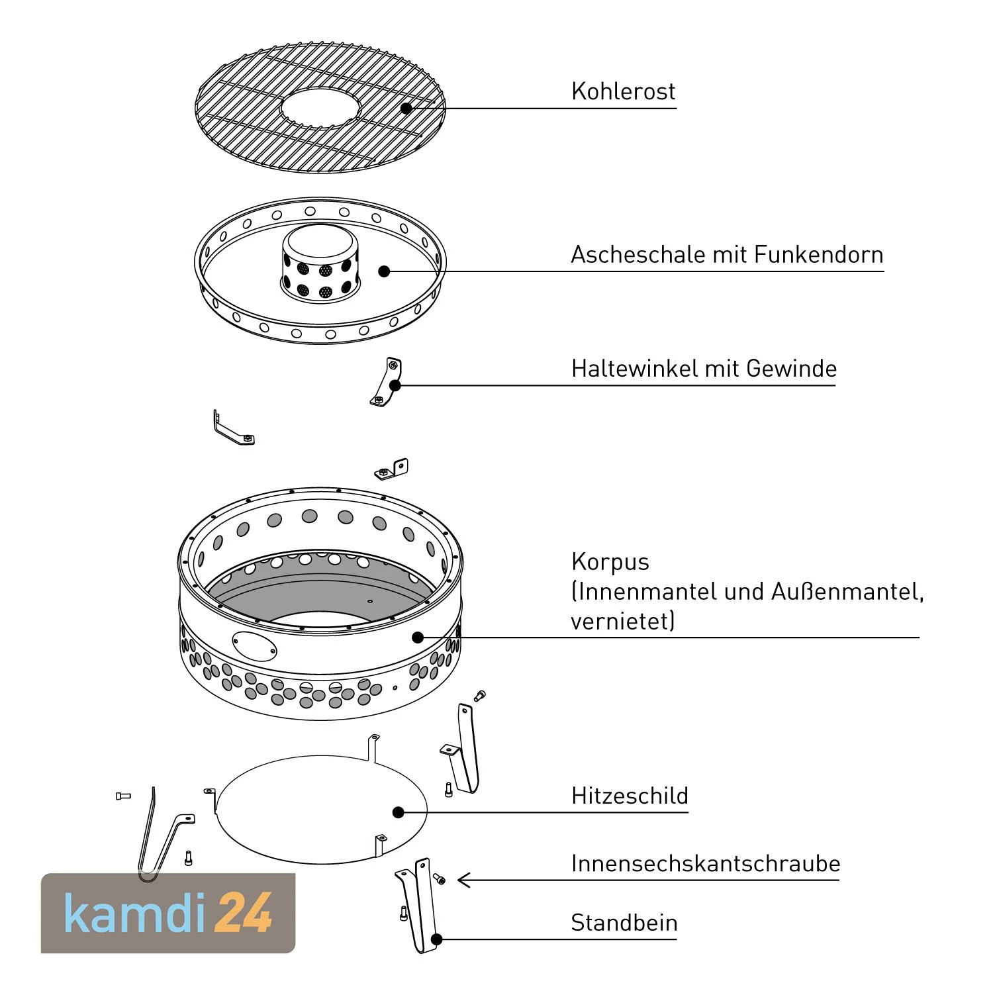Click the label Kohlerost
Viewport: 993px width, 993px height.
(x=623, y=91)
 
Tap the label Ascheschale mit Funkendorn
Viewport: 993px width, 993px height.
(x=727, y=255)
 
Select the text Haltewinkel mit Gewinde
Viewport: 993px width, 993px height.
(x=704, y=369)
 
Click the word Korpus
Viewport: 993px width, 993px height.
(x=610, y=562)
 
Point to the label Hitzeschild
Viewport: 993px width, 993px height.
(x=630, y=795)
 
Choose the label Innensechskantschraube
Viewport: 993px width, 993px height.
(x=706, y=863)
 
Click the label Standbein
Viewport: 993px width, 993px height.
(x=624, y=923)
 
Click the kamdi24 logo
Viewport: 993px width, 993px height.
(x=168, y=914)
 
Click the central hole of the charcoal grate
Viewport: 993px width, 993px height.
(x=320, y=109)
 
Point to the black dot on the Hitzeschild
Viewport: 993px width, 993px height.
(x=398, y=812)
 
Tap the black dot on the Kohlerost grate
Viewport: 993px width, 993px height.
(x=406, y=108)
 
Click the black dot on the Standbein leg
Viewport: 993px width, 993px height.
(x=436, y=939)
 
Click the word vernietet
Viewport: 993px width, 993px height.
(x=622, y=621)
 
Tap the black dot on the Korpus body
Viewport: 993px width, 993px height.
(x=417, y=637)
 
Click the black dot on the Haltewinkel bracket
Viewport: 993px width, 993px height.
(x=395, y=385)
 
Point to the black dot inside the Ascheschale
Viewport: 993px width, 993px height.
(x=384, y=271)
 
